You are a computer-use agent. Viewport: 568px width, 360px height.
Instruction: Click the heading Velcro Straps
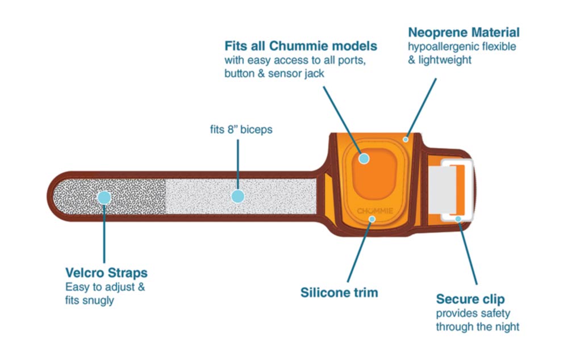tap(106, 272)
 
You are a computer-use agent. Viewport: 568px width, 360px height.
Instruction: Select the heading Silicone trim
tap(339, 293)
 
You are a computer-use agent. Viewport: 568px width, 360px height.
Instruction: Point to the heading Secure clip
tap(470, 299)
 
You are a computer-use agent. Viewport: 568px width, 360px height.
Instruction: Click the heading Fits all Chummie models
tap(300, 45)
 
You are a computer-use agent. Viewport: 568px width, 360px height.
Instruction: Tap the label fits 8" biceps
tap(241, 129)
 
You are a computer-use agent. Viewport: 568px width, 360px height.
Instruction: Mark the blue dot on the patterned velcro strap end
tap(103, 197)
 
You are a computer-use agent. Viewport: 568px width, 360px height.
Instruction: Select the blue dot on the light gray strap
tap(238, 196)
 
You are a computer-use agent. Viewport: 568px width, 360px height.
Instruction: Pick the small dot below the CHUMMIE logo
tap(372, 219)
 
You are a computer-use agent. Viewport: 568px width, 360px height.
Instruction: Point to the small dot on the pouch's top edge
tap(406, 139)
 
